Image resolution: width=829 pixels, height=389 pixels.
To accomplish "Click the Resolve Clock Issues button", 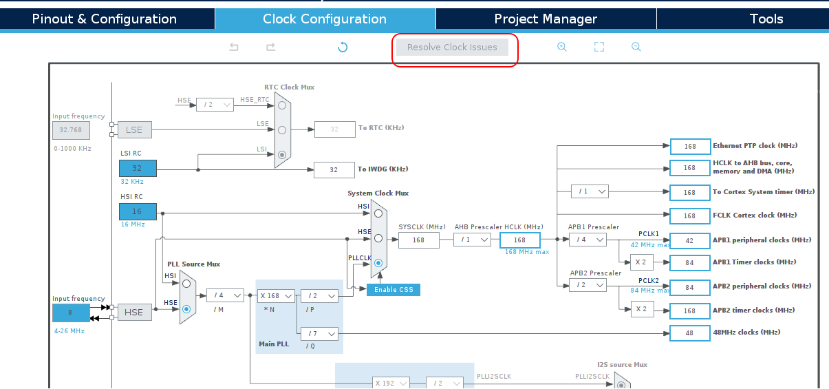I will (452, 48).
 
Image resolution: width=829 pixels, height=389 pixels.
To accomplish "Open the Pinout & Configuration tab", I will (105, 19).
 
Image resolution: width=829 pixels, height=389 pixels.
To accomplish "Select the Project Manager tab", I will (546, 19).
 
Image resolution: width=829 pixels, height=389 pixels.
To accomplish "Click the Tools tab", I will (766, 19).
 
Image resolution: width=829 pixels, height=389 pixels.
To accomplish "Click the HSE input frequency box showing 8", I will (71, 313).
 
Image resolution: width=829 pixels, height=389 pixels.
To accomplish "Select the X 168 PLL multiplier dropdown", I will (277, 295).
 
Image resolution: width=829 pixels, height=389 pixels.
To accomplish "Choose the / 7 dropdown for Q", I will (320, 334).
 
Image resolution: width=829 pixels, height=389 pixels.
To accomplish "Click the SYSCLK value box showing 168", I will (418, 240).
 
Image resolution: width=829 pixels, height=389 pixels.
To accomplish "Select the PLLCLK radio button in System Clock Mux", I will (378, 263).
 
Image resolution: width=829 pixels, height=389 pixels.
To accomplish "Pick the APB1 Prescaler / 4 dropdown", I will (588, 240).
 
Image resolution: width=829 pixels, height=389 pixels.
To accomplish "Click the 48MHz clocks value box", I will (689, 333).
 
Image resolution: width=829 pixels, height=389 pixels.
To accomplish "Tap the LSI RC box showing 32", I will (138, 169).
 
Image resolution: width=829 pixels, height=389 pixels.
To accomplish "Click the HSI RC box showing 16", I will (138, 212).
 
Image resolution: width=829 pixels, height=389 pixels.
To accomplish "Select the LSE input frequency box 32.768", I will (71, 129).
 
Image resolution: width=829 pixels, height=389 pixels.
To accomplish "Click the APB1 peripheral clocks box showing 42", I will (689, 240).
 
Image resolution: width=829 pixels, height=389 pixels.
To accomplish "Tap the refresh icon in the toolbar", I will (343, 47).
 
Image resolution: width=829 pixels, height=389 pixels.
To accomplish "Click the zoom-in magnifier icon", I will (561, 47).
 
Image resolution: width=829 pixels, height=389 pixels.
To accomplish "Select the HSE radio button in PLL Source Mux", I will (186, 309).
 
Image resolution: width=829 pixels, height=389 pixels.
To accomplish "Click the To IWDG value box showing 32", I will (334, 169).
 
